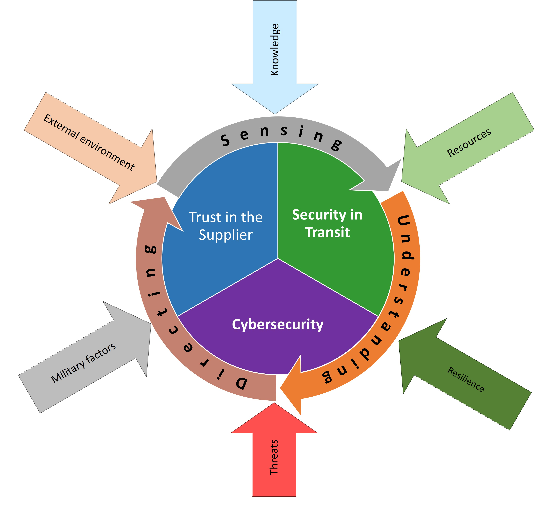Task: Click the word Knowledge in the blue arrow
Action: click(x=274, y=49)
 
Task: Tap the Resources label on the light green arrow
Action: click(x=469, y=143)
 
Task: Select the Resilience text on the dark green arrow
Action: click(x=465, y=379)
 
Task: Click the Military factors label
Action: click(x=84, y=363)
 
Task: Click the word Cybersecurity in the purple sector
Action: click(x=277, y=324)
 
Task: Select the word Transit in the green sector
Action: click(x=327, y=232)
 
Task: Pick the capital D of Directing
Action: click(x=241, y=383)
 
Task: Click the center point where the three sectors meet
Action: click(x=278, y=258)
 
